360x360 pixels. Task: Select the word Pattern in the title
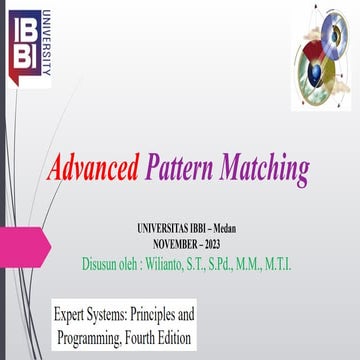click(178, 166)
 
